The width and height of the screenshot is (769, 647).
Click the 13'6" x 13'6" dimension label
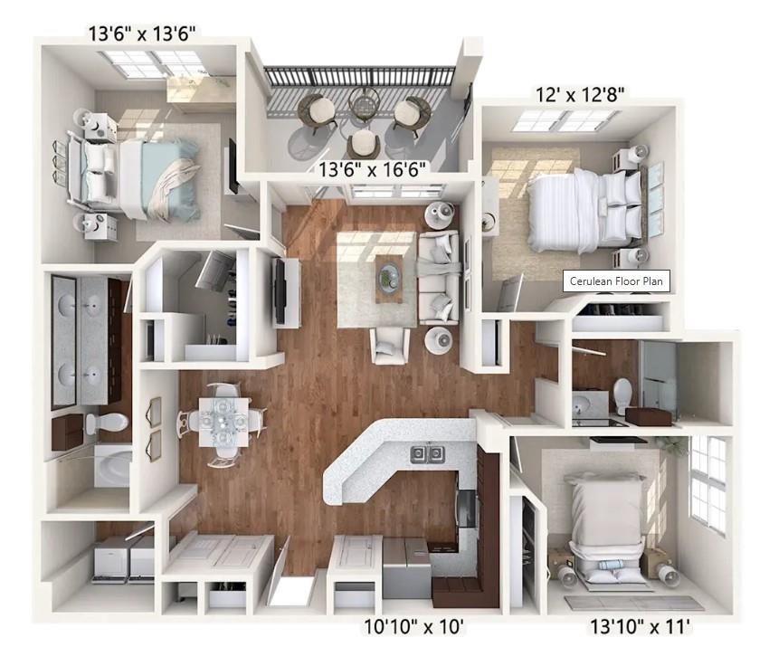click(142, 34)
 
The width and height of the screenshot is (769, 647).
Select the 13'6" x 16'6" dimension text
click(373, 168)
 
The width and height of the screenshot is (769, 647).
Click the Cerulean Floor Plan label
click(616, 281)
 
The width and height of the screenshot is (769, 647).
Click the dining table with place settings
click(223, 420)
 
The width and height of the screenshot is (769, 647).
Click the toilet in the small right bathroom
click(622, 394)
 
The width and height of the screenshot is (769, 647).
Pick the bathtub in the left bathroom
click(113, 465)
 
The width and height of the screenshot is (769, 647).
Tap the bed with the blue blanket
click(145, 177)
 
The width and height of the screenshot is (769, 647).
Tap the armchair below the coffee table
click(390, 345)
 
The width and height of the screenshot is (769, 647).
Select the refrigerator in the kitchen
click(405, 567)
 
